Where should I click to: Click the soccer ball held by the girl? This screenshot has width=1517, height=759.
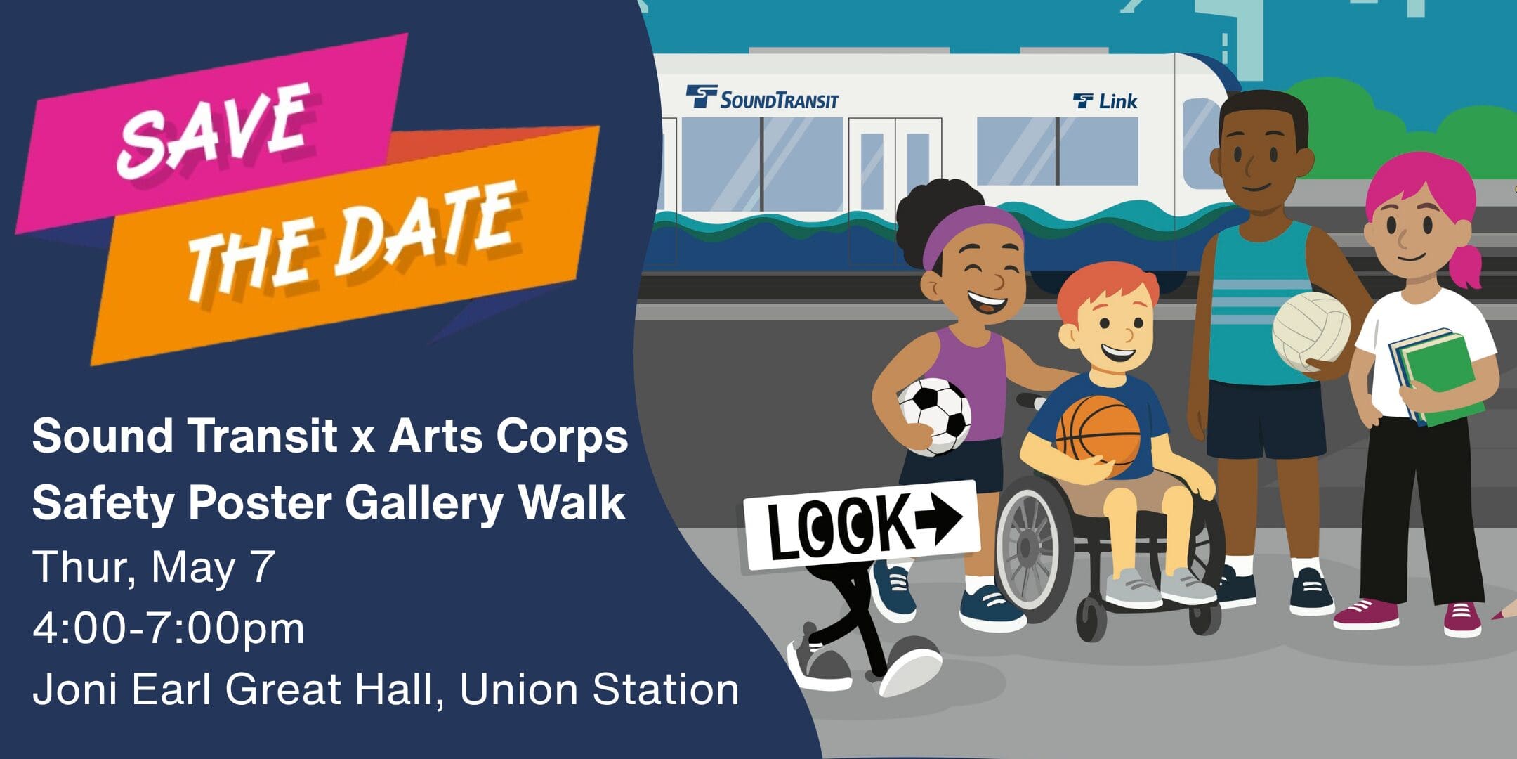934,416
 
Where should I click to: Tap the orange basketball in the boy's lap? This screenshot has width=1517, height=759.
1098,434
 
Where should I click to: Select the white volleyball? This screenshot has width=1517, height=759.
1311,331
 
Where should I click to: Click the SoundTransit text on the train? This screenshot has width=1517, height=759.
778,100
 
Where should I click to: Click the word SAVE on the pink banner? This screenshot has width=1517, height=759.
214,130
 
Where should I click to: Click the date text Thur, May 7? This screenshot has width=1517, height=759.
153,566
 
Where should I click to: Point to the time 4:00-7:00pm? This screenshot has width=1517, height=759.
169,628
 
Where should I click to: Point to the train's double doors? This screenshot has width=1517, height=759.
894,190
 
